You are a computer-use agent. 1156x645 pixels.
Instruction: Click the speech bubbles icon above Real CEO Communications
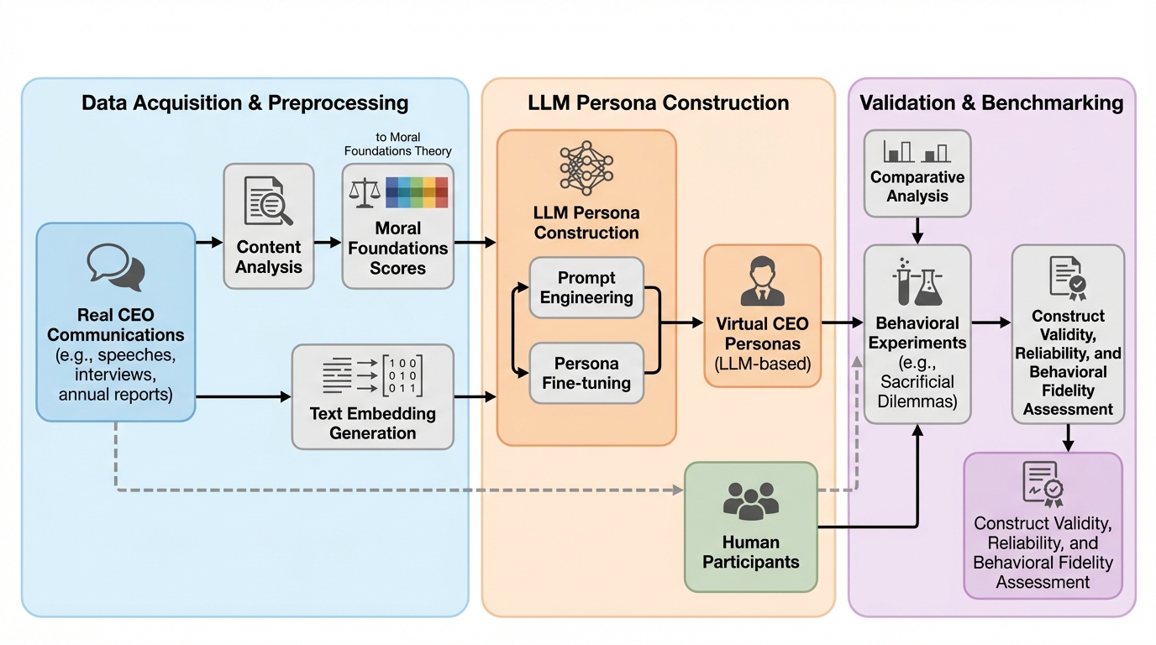pos(115,267)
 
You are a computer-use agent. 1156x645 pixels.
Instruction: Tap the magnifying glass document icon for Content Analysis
pos(268,202)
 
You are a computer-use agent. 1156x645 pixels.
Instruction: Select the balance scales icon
pos(364,193)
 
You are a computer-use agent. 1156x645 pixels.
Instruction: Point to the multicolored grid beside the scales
pos(417,192)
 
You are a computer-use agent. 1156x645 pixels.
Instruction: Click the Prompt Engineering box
pos(586,288)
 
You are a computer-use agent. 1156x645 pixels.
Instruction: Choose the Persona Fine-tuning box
pos(586,374)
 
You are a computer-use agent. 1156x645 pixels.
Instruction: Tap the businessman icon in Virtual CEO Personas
pos(763,284)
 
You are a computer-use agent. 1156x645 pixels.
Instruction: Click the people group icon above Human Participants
pos(750,501)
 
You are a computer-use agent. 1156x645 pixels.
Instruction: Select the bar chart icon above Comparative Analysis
pos(917,152)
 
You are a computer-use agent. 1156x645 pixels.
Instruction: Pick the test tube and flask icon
pos(917,282)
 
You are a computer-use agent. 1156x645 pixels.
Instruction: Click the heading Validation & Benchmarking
pos(991,103)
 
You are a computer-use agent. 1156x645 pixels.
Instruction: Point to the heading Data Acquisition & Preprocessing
pos(244,103)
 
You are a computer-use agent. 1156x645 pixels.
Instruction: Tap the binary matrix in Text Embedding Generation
pos(402,375)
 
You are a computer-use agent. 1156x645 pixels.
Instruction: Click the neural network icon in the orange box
pos(586,168)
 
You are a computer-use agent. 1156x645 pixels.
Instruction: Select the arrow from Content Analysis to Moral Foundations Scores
pos(328,243)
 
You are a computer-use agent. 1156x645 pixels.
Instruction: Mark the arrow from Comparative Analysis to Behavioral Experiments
pos(917,230)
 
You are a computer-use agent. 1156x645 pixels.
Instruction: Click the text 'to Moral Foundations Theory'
pos(398,144)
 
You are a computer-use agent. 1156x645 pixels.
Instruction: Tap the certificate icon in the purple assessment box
pos(1043,485)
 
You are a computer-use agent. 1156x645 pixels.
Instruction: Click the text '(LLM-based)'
pos(763,364)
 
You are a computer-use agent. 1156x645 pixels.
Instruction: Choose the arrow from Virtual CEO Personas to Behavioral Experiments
pos(842,322)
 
